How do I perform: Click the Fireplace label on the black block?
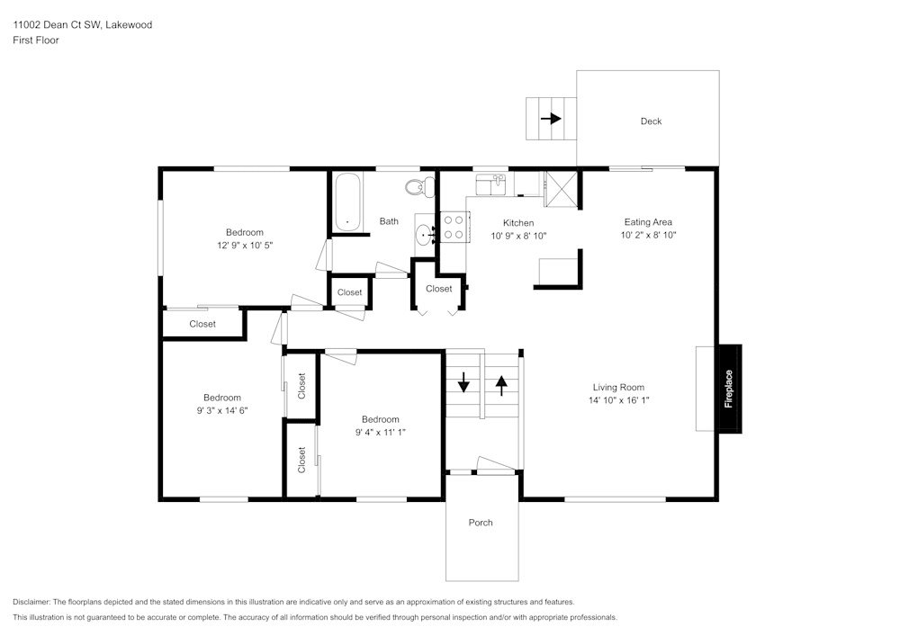pyautogui.click(x=729, y=389)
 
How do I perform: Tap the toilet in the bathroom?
pyautogui.click(x=415, y=188)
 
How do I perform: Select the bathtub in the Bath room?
pyautogui.click(x=347, y=202)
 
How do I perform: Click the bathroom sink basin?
pyautogui.click(x=425, y=237)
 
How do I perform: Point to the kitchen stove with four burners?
pyautogui.click(x=454, y=227)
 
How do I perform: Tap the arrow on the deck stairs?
pyautogui.click(x=550, y=118)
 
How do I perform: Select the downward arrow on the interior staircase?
pyautogui.click(x=463, y=381)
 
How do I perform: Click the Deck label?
pyautogui.click(x=651, y=121)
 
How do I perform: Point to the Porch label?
pyautogui.click(x=481, y=523)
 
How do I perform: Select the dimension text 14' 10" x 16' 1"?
pyautogui.click(x=618, y=400)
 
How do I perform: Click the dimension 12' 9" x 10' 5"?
pyautogui.click(x=245, y=245)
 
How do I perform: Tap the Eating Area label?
pyautogui.click(x=648, y=222)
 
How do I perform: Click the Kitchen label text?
pyautogui.click(x=518, y=223)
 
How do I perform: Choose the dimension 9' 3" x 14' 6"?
pyautogui.click(x=222, y=410)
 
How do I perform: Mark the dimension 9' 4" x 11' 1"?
pyautogui.click(x=380, y=432)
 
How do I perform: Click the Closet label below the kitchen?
pyautogui.click(x=439, y=289)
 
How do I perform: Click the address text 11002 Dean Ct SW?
pyautogui.click(x=56, y=25)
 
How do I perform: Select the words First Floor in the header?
pyautogui.click(x=35, y=40)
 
